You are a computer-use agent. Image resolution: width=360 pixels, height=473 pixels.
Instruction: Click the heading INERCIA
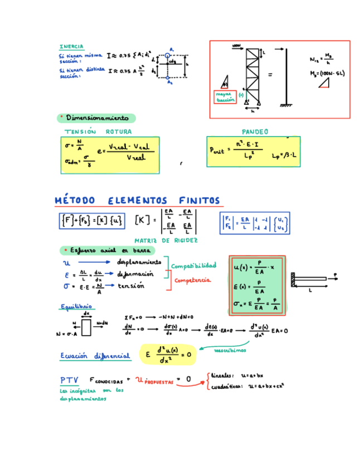[x=71, y=46]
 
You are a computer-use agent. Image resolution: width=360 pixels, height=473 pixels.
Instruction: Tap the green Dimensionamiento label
[x=97, y=118]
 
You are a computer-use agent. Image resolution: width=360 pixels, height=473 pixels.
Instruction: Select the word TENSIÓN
[x=80, y=132]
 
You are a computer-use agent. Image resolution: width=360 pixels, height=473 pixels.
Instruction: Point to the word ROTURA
[x=119, y=132]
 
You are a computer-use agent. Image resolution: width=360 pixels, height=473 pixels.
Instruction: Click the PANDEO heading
[x=255, y=132]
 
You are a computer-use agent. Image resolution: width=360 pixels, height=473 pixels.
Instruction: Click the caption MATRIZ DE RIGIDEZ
[x=166, y=240]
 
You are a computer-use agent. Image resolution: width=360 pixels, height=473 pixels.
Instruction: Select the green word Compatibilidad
[x=193, y=266]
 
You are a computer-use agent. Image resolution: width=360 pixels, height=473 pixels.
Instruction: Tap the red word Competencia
[x=192, y=280]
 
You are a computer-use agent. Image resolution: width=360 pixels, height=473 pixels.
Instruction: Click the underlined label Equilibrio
[x=76, y=306]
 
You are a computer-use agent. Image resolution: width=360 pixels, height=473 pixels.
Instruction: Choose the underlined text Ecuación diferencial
[x=95, y=355]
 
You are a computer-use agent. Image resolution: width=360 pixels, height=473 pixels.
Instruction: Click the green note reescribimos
[x=230, y=350]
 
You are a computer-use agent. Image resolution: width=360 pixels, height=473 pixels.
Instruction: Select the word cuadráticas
[x=226, y=385]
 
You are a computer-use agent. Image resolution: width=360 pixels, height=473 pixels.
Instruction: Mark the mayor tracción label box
[x=225, y=97]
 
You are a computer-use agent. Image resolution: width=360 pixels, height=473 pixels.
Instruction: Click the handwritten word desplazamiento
[x=139, y=262]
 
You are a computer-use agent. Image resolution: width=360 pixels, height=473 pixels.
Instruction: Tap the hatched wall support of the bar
[x=293, y=279]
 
